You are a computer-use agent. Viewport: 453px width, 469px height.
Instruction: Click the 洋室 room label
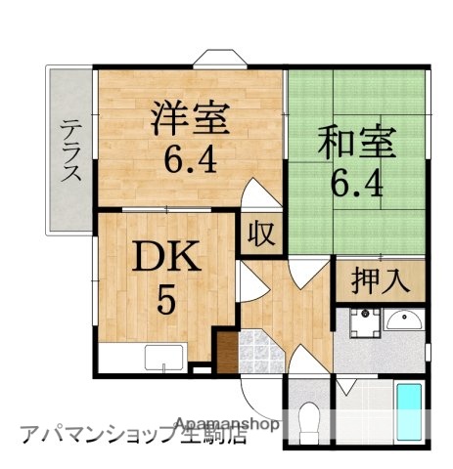coord(190,120)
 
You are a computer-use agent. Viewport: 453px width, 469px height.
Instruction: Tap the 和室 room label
coord(357,145)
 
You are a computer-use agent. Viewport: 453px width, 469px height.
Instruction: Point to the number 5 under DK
coord(166,299)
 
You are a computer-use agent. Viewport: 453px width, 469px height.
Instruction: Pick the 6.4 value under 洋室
coord(190,156)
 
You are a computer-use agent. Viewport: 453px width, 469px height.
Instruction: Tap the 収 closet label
coord(260,236)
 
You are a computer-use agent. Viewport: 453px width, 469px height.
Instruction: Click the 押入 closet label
coord(380,281)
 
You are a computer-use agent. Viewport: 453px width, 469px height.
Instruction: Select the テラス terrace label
coord(70,149)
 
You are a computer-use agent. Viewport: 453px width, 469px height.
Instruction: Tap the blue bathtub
coord(409,413)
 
